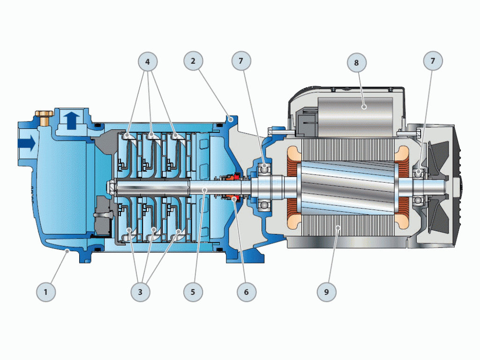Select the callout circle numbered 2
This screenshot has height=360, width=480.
pos(194,61)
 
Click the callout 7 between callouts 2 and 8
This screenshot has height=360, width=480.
pos(241,61)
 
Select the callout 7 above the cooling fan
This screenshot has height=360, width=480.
pos(433,61)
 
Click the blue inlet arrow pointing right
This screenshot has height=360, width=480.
pos(27,143)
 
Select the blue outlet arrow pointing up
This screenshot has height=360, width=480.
pos(72,120)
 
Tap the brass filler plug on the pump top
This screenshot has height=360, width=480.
pos(45,117)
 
